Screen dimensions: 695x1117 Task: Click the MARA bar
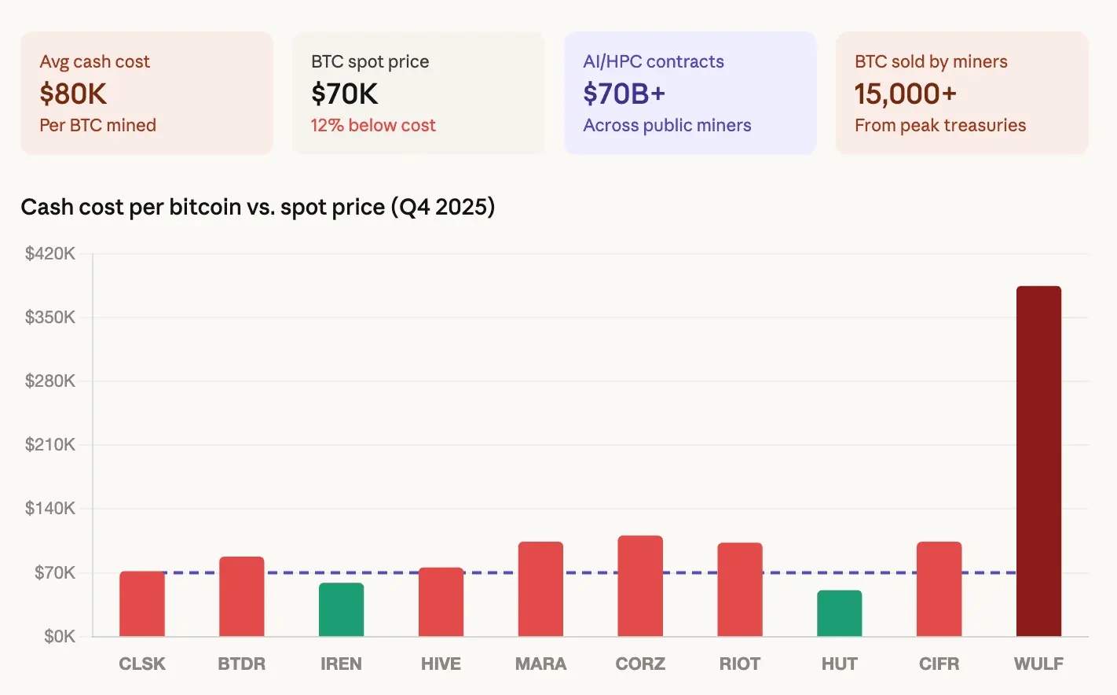pos(540,589)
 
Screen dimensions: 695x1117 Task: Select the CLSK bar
pos(142,604)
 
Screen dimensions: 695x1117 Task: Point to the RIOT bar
pos(739,590)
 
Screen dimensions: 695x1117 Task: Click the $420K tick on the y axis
pos(50,253)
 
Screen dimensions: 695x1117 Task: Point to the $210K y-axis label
pos(50,444)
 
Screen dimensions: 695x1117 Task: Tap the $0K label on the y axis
pos(59,636)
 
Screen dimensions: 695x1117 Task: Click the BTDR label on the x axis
pos(241,664)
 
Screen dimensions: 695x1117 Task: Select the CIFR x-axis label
pos(939,664)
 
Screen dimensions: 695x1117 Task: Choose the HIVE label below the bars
pos(441,664)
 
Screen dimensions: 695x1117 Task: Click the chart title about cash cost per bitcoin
pos(258,207)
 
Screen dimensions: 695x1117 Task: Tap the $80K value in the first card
pos(73,94)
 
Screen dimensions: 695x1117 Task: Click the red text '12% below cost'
pos(373,125)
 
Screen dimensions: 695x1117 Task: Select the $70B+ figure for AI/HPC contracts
pos(624,94)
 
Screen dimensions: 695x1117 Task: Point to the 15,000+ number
pos(905,94)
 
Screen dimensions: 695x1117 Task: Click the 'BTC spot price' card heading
pos(370,61)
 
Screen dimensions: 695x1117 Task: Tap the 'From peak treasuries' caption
pos(940,125)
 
